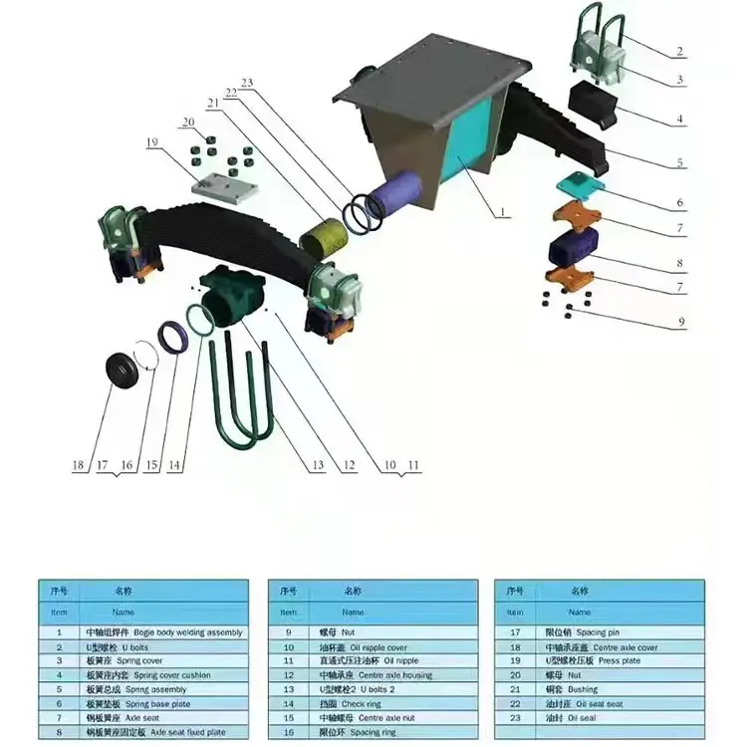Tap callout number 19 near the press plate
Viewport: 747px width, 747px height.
[x=152, y=142]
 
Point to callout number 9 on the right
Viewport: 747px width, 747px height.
[x=680, y=324]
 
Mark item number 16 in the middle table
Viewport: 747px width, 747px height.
[x=288, y=732]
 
